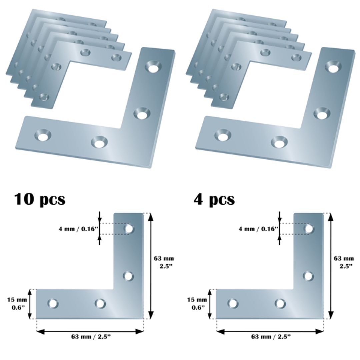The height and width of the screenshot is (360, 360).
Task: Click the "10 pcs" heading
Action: click(39, 199)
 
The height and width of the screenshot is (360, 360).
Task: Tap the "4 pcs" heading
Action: click(214, 199)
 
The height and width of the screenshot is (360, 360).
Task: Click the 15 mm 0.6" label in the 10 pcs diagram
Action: click(16, 303)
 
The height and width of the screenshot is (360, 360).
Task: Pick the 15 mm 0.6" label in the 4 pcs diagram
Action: click(197, 303)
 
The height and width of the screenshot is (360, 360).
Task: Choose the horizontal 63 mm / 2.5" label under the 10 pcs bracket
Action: click(90, 337)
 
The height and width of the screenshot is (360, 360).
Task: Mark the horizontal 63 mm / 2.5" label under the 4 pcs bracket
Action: click(271, 337)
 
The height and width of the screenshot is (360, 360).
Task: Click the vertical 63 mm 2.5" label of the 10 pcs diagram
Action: click(164, 262)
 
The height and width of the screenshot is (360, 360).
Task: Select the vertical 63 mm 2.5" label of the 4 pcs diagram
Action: click(344, 262)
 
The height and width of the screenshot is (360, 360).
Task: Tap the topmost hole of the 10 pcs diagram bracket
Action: click(129, 229)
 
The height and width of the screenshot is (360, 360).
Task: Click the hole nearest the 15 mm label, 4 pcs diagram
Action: click(233, 303)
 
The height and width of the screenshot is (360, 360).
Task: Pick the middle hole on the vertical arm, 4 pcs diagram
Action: click(309, 276)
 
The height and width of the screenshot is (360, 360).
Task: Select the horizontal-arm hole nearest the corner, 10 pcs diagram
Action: click(100, 303)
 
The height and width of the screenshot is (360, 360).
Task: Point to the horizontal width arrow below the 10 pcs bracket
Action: click(90, 331)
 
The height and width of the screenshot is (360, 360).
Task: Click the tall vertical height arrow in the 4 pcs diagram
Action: click(331, 266)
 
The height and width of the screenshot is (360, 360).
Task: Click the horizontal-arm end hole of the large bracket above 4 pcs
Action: click(222, 135)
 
